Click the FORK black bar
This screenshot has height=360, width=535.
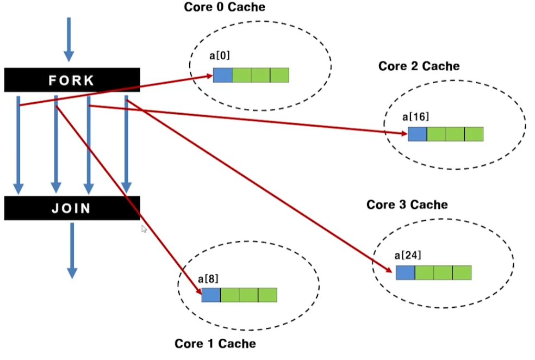pyautogui.click(x=72, y=80)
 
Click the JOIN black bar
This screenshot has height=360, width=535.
pyautogui.click(x=72, y=208)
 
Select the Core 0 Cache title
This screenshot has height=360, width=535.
pyautogui.click(x=224, y=7)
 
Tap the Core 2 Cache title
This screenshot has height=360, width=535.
pyautogui.click(x=419, y=66)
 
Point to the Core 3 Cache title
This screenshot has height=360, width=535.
pyautogui.click(x=407, y=204)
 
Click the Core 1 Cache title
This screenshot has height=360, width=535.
pyautogui.click(x=215, y=343)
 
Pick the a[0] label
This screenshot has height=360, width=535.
pyautogui.click(x=220, y=55)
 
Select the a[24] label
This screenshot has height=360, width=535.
pyautogui.click(x=408, y=255)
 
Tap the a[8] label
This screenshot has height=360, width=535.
pyautogui.click(x=208, y=278)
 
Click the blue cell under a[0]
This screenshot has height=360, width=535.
pyautogui.click(x=222, y=75)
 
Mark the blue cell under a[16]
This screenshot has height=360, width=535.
pyautogui.click(x=417, y=134)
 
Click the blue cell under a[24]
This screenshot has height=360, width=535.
pyautogui.click(x=405, y=272)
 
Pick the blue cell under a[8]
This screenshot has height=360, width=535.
pyautogui.click(x=211, y=295)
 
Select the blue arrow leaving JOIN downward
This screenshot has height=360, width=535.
pyautogui.click(x=72, y=250)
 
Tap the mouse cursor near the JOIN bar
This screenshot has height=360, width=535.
pyautogui.click(x=144, y=229)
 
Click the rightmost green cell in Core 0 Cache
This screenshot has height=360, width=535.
pyautogui.click(x=279, y=75)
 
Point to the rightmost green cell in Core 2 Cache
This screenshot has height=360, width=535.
pyautogui.click(x=474, y=134)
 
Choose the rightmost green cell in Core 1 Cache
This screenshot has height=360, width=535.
pyautogui.click(x=267, y=295)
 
